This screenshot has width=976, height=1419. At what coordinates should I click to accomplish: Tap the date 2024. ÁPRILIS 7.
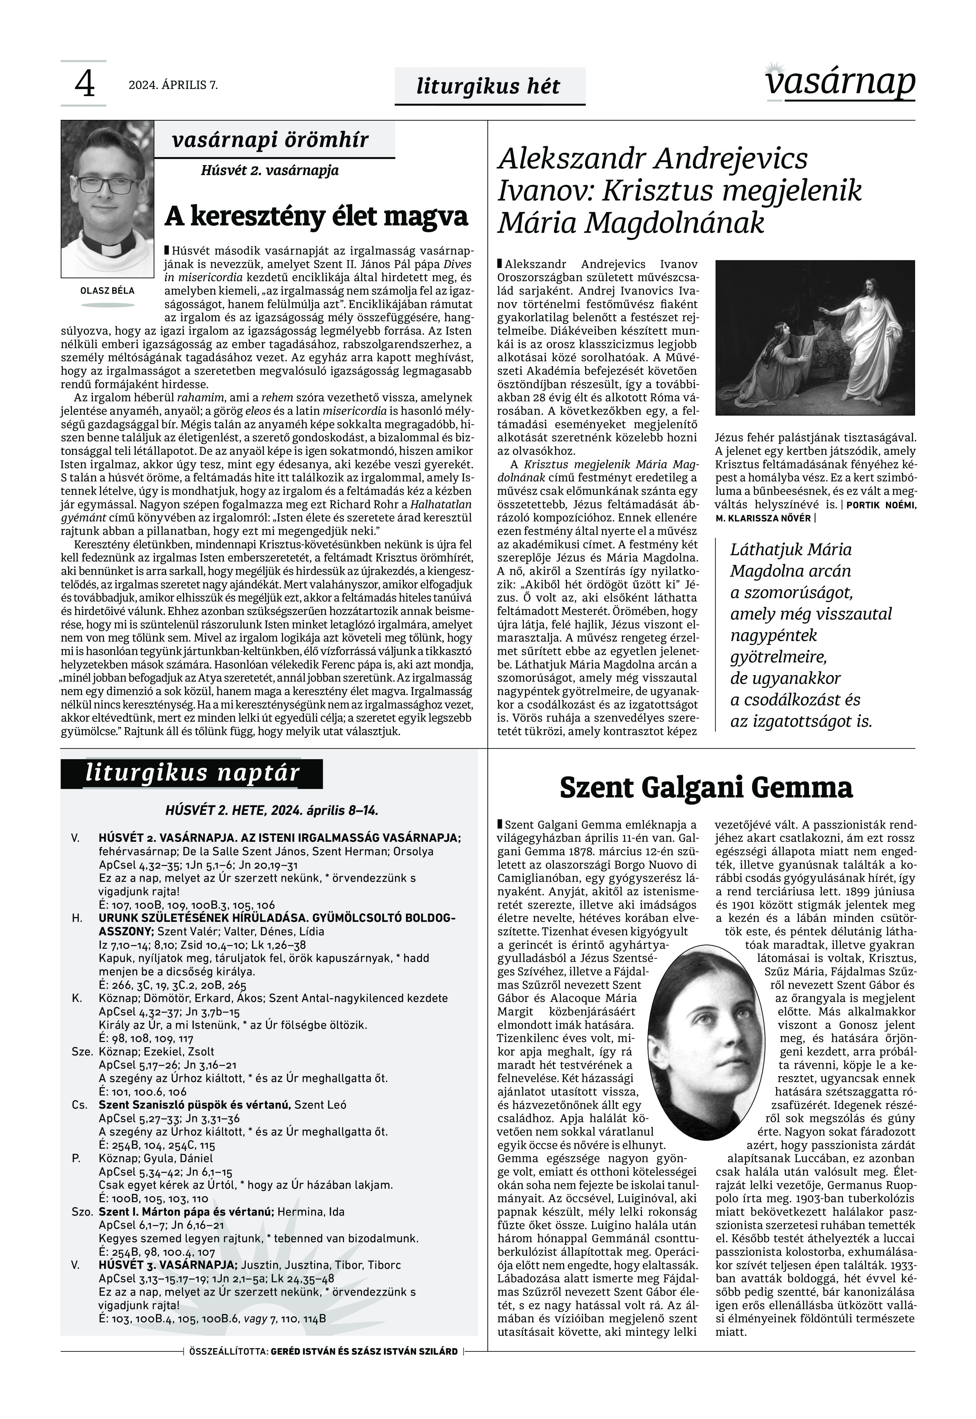[173, 85]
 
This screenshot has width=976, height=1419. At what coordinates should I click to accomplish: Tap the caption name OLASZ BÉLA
[108, 291]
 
